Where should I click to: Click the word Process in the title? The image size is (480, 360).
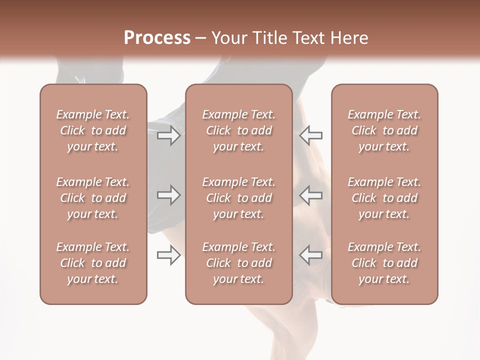(x=157, y=38)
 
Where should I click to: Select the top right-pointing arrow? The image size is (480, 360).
(x=168, y=135)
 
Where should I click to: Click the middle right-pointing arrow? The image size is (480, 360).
(x=168, y=195)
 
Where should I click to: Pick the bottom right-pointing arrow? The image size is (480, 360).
(x=168, y=255)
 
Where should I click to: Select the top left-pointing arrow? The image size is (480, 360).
(x=311, y=135)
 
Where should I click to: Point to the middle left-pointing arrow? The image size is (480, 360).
(x=311, y=195)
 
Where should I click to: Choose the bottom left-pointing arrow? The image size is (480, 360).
(x=311, y=255)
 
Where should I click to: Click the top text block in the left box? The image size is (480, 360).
(x=93, y=130)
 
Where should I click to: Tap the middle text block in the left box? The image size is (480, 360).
(x=93, y=198)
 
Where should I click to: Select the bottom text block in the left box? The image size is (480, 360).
(x=93, y=263)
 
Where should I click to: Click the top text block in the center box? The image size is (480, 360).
(x=238, y=130)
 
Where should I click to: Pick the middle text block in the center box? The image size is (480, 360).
(x=238, y=198)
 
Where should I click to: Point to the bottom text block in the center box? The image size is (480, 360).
(x=238, y=263)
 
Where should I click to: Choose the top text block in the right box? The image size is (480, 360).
(x=384, y=130)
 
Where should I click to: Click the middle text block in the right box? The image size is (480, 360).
(x=384, y=198)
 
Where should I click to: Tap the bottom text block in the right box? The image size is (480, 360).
(x=384, y=263)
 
